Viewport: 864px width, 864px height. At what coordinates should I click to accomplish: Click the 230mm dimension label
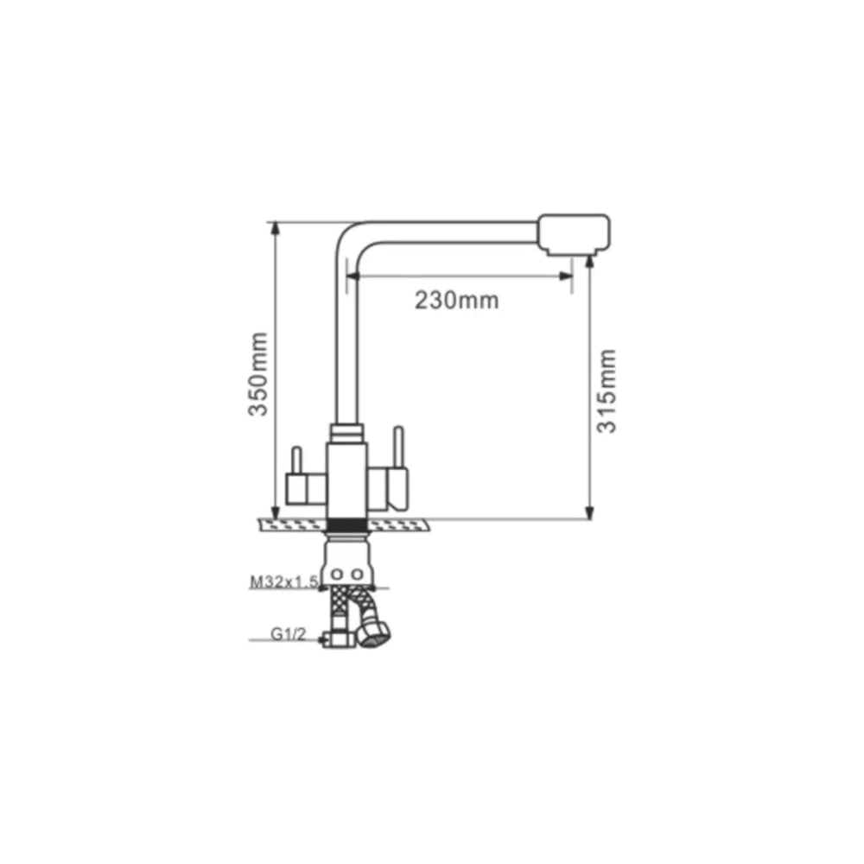[457, 301]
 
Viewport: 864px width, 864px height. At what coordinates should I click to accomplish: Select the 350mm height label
[258, 374]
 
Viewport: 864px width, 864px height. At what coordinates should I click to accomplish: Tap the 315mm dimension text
[607, 391]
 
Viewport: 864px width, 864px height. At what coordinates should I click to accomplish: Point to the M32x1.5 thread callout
[284, 581]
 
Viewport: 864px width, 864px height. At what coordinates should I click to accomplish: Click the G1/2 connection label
[288, 634]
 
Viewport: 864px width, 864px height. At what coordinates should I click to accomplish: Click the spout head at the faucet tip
[574, 235]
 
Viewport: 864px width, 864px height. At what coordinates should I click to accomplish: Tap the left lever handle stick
[296, 461]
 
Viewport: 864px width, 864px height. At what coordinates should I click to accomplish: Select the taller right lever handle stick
[397, 447]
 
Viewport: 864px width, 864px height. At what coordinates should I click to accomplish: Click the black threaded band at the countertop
[346, 525]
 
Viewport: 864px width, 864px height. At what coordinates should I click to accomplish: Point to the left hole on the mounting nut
[337, 575]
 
